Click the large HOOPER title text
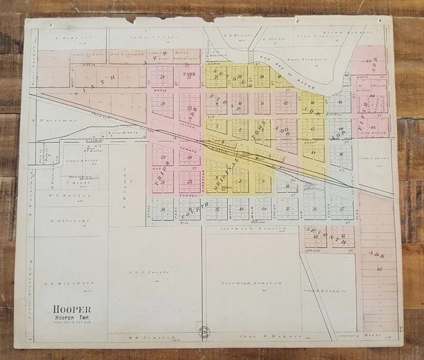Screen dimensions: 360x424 click(74, 310)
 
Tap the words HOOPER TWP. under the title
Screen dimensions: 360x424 click(74, 318)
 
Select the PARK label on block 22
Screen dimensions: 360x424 click(190, 75)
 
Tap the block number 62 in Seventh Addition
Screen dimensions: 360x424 click(380, 269)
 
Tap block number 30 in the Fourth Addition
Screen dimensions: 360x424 click(162, 209)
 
